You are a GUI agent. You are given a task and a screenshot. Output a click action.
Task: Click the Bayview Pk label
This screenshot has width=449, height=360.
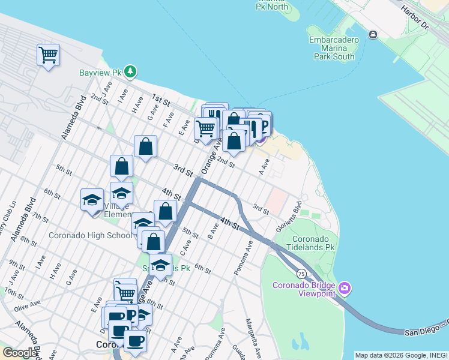point(100,73)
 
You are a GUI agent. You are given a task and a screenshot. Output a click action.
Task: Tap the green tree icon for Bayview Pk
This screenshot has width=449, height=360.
point(130,72)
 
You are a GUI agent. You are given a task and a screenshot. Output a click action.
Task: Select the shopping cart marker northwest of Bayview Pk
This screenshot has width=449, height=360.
point(48,55)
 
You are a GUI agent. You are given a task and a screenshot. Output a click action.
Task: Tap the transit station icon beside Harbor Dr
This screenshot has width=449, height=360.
point(373,35)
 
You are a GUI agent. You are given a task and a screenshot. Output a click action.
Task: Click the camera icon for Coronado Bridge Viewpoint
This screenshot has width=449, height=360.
point(345,289)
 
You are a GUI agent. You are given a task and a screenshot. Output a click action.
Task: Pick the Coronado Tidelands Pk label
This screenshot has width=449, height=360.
point(305,242)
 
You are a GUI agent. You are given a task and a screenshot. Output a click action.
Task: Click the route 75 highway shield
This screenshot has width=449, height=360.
point(301,274)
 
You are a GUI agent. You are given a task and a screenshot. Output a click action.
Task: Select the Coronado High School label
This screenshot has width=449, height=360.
point(90,235)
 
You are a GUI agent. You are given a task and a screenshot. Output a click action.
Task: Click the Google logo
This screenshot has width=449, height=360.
point(19,352)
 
